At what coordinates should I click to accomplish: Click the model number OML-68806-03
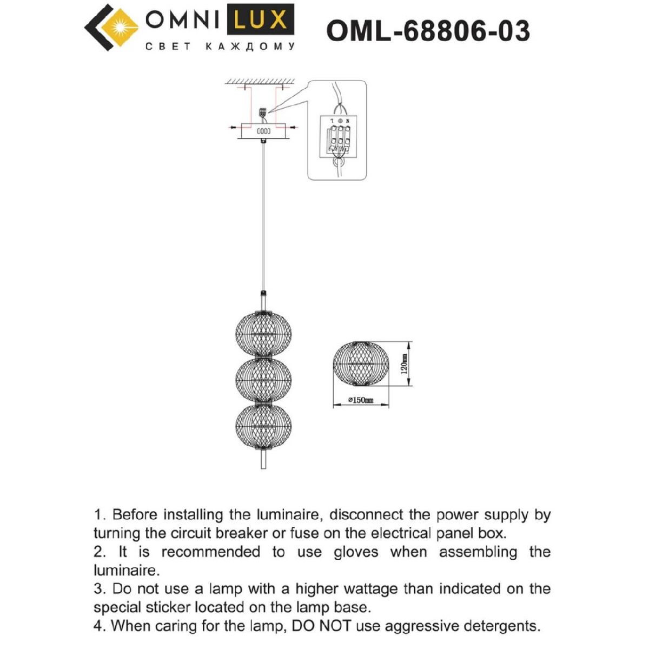(x=428, y=31)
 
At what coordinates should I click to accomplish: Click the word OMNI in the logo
(x=181, y=21)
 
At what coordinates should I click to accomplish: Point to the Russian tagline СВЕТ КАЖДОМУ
(x=221, y=47)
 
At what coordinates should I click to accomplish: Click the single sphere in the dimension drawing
(x=361, y=364)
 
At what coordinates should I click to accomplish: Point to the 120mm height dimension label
(x=403, y=364)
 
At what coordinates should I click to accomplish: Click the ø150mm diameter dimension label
(x=360, y=400)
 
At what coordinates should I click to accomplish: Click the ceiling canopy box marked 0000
(x=263, y=131)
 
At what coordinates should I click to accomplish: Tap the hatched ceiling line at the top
(x=260, y=81)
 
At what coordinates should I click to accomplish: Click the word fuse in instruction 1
(x=304, y=533)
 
